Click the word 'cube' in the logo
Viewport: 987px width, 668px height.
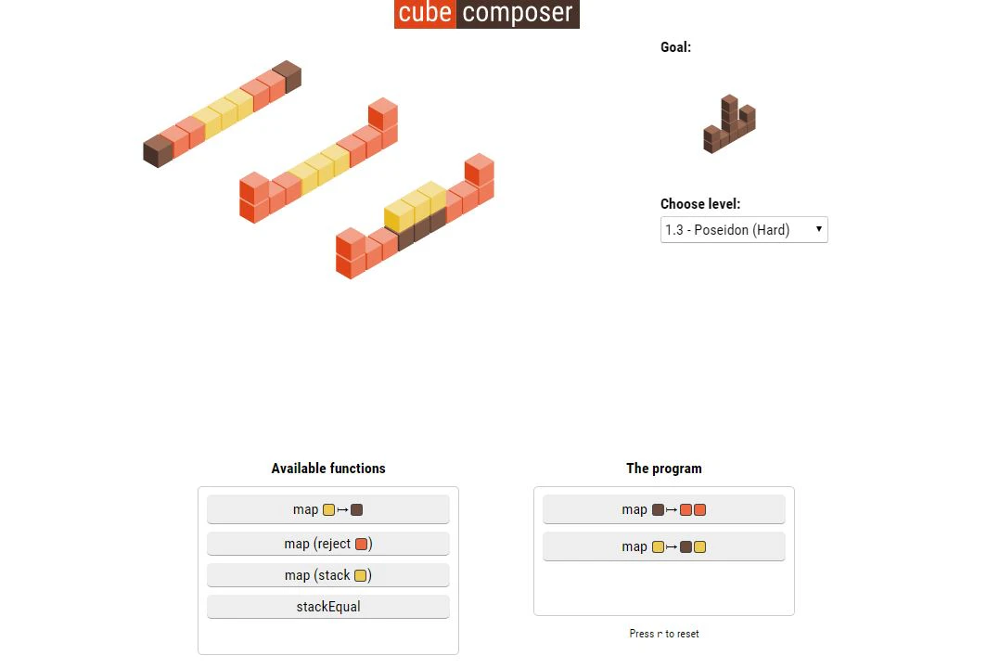coord(425,14)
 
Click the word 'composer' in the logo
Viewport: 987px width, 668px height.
coord(518,14)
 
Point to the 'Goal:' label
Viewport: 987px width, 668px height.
coord(675,47)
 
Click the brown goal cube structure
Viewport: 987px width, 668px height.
coord(729,125)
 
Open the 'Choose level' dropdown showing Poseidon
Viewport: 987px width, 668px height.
coord(743,230)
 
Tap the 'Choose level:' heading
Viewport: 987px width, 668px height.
coord(700,204)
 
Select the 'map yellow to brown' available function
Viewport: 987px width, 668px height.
coord(327,509)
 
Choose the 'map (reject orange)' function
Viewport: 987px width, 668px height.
coord(327,544)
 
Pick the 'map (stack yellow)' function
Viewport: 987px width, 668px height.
coord(327,575)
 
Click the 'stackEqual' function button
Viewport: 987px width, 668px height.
coord(327,607)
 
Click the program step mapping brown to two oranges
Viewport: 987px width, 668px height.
coord(663,509)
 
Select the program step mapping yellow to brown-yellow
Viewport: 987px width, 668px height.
coord(663,546)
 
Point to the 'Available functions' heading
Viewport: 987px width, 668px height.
coord(328,469)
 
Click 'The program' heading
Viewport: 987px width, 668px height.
coord(664,469)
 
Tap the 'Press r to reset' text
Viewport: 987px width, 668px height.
coord(664,634)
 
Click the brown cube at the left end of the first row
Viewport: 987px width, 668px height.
coord(158,151)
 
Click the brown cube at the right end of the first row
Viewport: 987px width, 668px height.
coord(287,75)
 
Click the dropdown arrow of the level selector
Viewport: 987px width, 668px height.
coord(818,229)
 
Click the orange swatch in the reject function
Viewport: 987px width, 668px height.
coord(362,544)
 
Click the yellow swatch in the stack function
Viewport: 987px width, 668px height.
coord(361,575)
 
